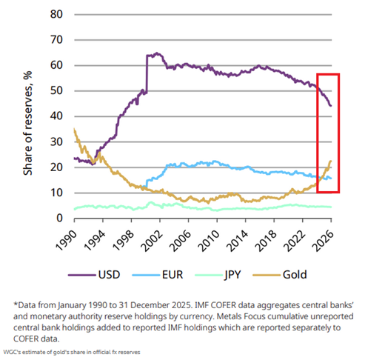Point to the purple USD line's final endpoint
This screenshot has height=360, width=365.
(330, 106)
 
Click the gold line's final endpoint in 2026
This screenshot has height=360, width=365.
(330, 161)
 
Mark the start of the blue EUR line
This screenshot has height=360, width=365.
(147, 183)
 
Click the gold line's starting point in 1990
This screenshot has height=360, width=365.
(74, 130)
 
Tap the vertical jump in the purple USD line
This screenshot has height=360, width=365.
(147, 74)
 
